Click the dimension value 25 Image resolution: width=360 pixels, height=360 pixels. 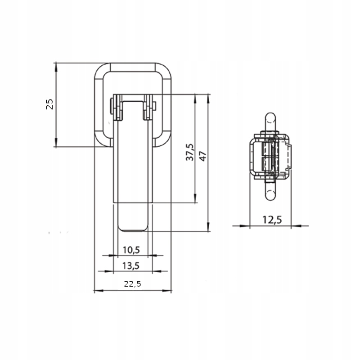49,104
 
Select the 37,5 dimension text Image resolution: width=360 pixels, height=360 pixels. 190,152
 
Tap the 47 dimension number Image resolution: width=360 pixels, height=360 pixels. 203,156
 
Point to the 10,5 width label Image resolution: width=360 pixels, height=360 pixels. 131,250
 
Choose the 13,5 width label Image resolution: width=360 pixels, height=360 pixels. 131,266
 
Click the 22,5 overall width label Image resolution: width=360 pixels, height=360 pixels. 132,284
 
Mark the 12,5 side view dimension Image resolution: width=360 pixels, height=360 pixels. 272,220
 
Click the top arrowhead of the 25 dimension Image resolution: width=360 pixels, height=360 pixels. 56,67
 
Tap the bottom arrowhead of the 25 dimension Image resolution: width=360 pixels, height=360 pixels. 56,143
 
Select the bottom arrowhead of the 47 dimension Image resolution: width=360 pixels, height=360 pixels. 208,227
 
